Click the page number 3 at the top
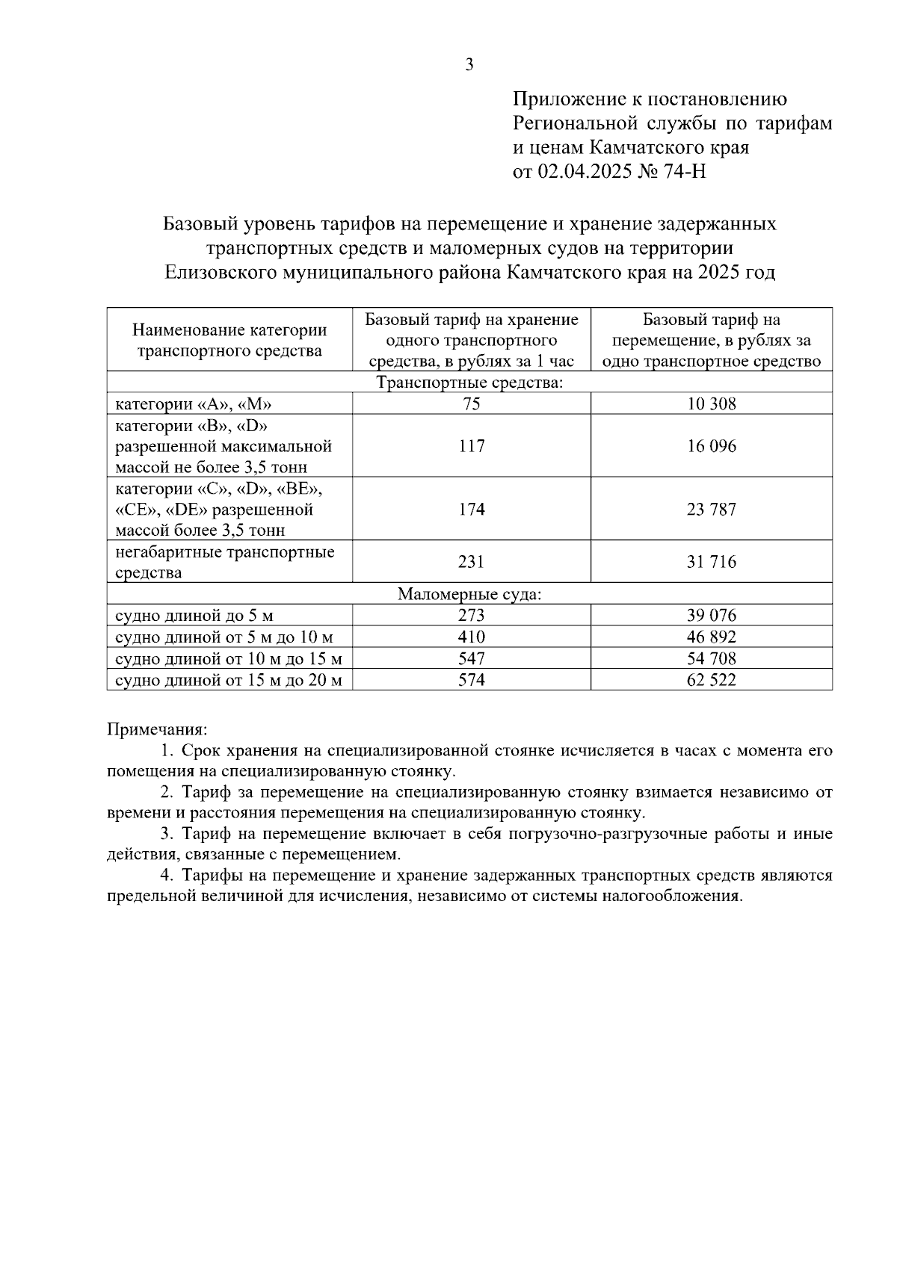tap(469, 65)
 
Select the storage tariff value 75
tap(471, 404)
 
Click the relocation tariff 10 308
tap(711, 404)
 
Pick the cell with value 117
tap(471, 446)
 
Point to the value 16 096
tap(711, 446)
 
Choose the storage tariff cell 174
tap(471, 510)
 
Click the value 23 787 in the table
tap(711, 510)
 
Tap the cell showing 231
tap(471, 561)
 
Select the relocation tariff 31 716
tap(711, 561)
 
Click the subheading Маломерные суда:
tap(469, 595)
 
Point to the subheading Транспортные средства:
tap(469, 383)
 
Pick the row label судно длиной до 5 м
tap(194, 616)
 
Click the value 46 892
tap(711, 637)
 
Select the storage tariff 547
tap(471, 658)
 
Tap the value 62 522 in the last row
tap(711, 680)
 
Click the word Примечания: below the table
tap(157, 728)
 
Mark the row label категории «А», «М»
tap(193, 404)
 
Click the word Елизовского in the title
tap(219, 272)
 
